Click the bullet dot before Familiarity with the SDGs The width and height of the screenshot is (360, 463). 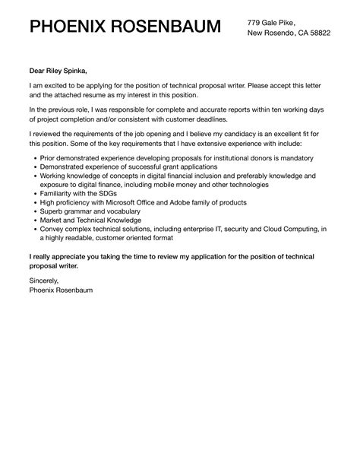(x=36, y=193)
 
